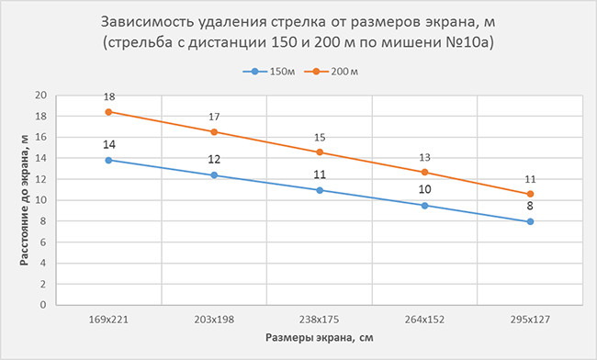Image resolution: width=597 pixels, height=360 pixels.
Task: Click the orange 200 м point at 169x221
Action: [x=108, y=112]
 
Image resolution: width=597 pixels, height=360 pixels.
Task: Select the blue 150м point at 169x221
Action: [x=108, y=160]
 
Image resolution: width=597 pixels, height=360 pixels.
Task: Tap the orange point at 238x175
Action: [x=320, y=152]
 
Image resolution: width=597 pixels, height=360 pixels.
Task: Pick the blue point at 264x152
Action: [x=424, y=206]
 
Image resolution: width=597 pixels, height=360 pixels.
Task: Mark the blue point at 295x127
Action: [x=530, y=221]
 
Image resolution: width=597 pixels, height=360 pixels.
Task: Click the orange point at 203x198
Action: [x=214, y=131]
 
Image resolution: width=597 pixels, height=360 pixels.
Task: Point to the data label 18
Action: [x=108, y=96]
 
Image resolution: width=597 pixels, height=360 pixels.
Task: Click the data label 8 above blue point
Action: [x=530, y=208]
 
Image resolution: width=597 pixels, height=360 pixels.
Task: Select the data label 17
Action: [x=214, y=117]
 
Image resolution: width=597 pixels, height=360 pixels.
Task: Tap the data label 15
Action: [x=320, y=137]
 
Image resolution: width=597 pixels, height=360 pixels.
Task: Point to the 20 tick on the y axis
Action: [x=40, y=96]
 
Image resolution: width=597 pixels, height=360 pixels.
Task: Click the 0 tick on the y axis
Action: [x=43, y=305]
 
